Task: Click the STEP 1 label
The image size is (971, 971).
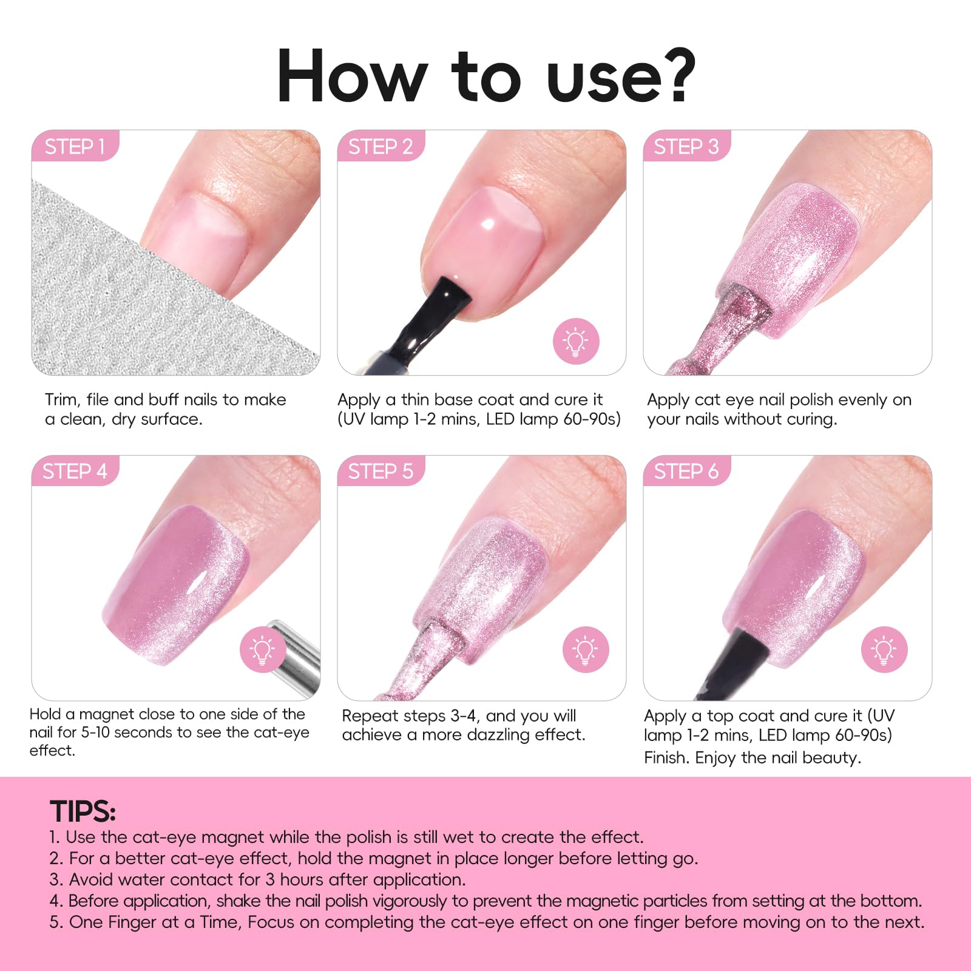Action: (x=75, y=146)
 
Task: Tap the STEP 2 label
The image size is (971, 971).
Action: (x=381, y=146)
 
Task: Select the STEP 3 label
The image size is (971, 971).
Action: (x=686, y=146)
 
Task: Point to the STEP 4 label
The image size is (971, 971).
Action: (x=75, y=471)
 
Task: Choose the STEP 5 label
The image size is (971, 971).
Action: (x=381, y=471)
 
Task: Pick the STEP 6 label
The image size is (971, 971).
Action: (x=686, y=471)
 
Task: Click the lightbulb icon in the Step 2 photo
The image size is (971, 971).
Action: (x=576, y=341)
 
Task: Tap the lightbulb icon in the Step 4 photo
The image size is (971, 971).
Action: (x=263, y=649)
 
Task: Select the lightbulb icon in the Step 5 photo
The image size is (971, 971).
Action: (x=586, y=649)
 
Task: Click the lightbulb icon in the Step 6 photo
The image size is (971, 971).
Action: (x=884, y=649)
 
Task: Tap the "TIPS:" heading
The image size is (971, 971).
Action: (x=83, y=811)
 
